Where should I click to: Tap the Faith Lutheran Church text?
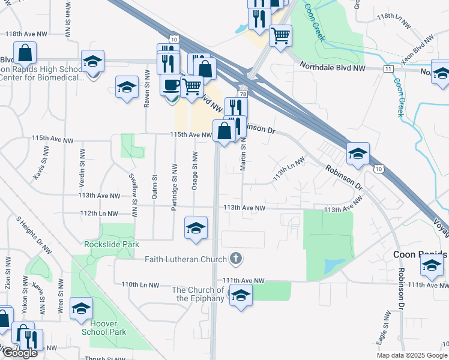point(186,259)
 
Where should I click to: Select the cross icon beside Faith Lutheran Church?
point(236,259)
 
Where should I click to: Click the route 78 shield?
point(243,94)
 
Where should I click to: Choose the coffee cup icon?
point(170,84)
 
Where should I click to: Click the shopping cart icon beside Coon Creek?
point(280,35)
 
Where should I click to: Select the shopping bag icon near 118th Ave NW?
point(25,53)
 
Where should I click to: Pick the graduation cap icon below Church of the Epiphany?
point(241,295)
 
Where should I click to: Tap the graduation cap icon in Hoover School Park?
point(81,308)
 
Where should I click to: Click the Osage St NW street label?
point(194,171)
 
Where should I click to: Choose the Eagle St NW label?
point(381,332)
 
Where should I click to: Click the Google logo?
point(19,353)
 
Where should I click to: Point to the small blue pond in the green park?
point(333,266)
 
